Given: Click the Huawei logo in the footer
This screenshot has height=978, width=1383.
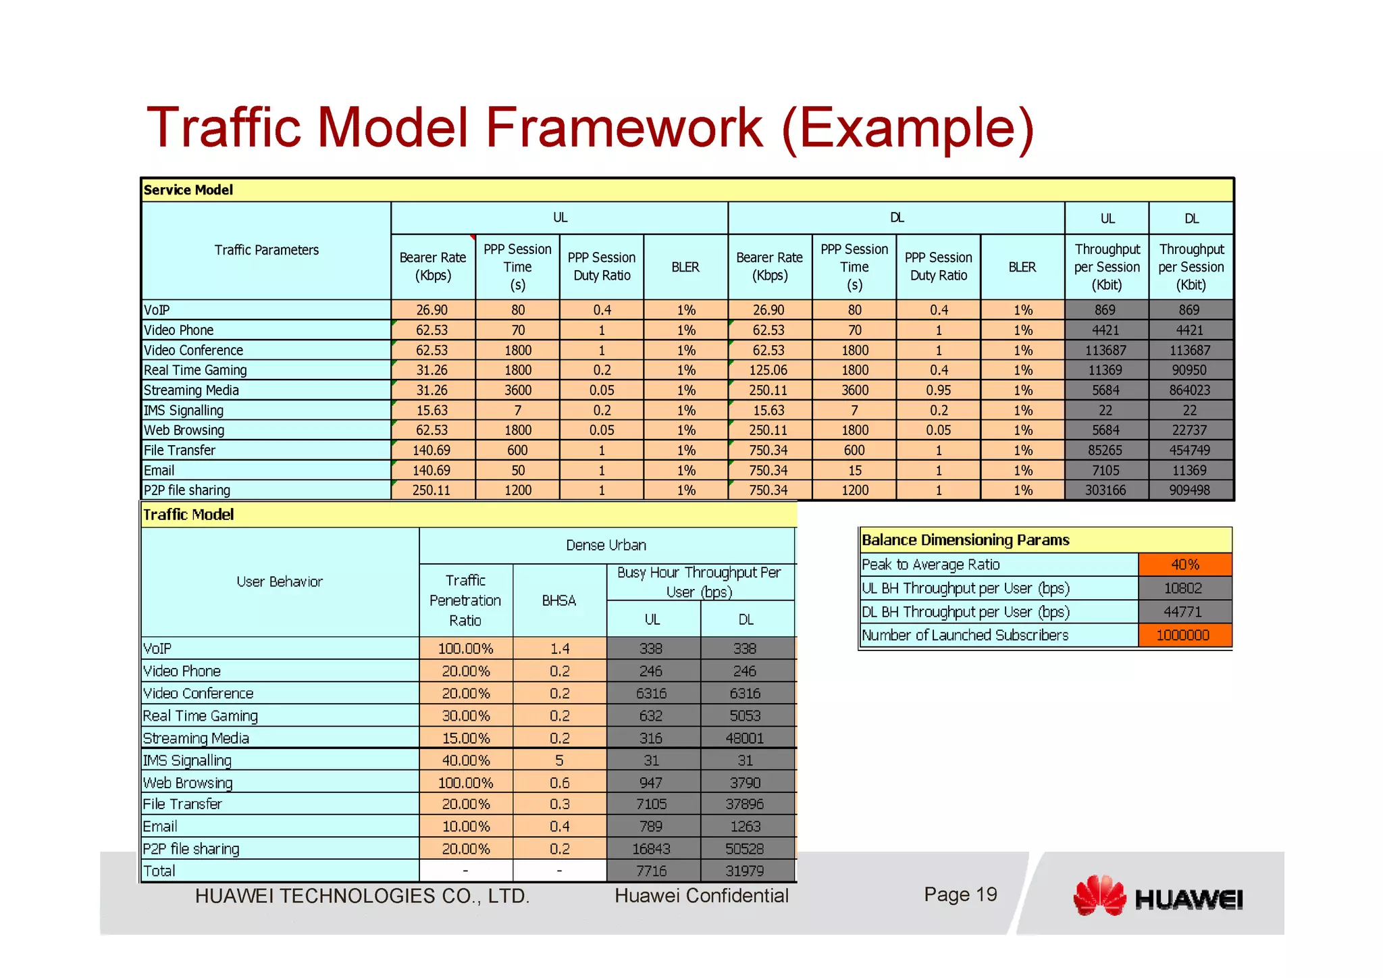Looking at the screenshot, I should click(x=1157, y=896).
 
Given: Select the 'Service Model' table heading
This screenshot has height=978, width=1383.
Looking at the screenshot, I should click(x=188, y=190).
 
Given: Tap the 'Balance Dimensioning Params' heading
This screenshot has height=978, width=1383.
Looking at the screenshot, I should click(x=966, y=540).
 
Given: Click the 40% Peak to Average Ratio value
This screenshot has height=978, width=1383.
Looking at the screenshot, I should click(x=1184, y=565).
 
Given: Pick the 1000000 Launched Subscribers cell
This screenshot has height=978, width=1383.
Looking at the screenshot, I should click(x=1182, y=635).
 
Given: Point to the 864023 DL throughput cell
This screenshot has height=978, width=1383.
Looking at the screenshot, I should click(x=1190, y=390).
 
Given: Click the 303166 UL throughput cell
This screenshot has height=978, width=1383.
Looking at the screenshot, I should click(x=1105, y=490).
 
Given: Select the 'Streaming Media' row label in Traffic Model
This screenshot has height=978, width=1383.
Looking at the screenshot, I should click(x=196, y=738).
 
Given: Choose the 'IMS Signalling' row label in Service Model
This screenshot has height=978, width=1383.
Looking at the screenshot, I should click(x=184, y=411).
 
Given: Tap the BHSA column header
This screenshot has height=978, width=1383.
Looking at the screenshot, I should click(x=559, y=600).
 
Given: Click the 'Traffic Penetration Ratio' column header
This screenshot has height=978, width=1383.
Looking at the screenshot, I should click(x=465, y=600).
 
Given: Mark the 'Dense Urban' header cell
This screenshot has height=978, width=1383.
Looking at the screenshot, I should click(x=606, y=545).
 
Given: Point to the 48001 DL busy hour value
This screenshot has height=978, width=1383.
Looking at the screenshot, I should click(x=745, y=738).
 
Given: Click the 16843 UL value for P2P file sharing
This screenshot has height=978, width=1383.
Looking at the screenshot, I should click(x=651, y=849).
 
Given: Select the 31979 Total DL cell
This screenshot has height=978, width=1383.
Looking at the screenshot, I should click(x=745, y=871).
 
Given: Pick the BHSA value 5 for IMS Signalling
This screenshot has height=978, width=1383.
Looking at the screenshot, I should click(x=559, y=761).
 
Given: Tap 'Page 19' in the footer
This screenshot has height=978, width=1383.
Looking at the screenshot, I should click(x=960, y=894).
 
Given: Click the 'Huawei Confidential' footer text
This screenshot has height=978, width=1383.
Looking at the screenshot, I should click(x=701, y=896).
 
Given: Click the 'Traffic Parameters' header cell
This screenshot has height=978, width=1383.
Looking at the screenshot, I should click(x=267, y=250).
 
